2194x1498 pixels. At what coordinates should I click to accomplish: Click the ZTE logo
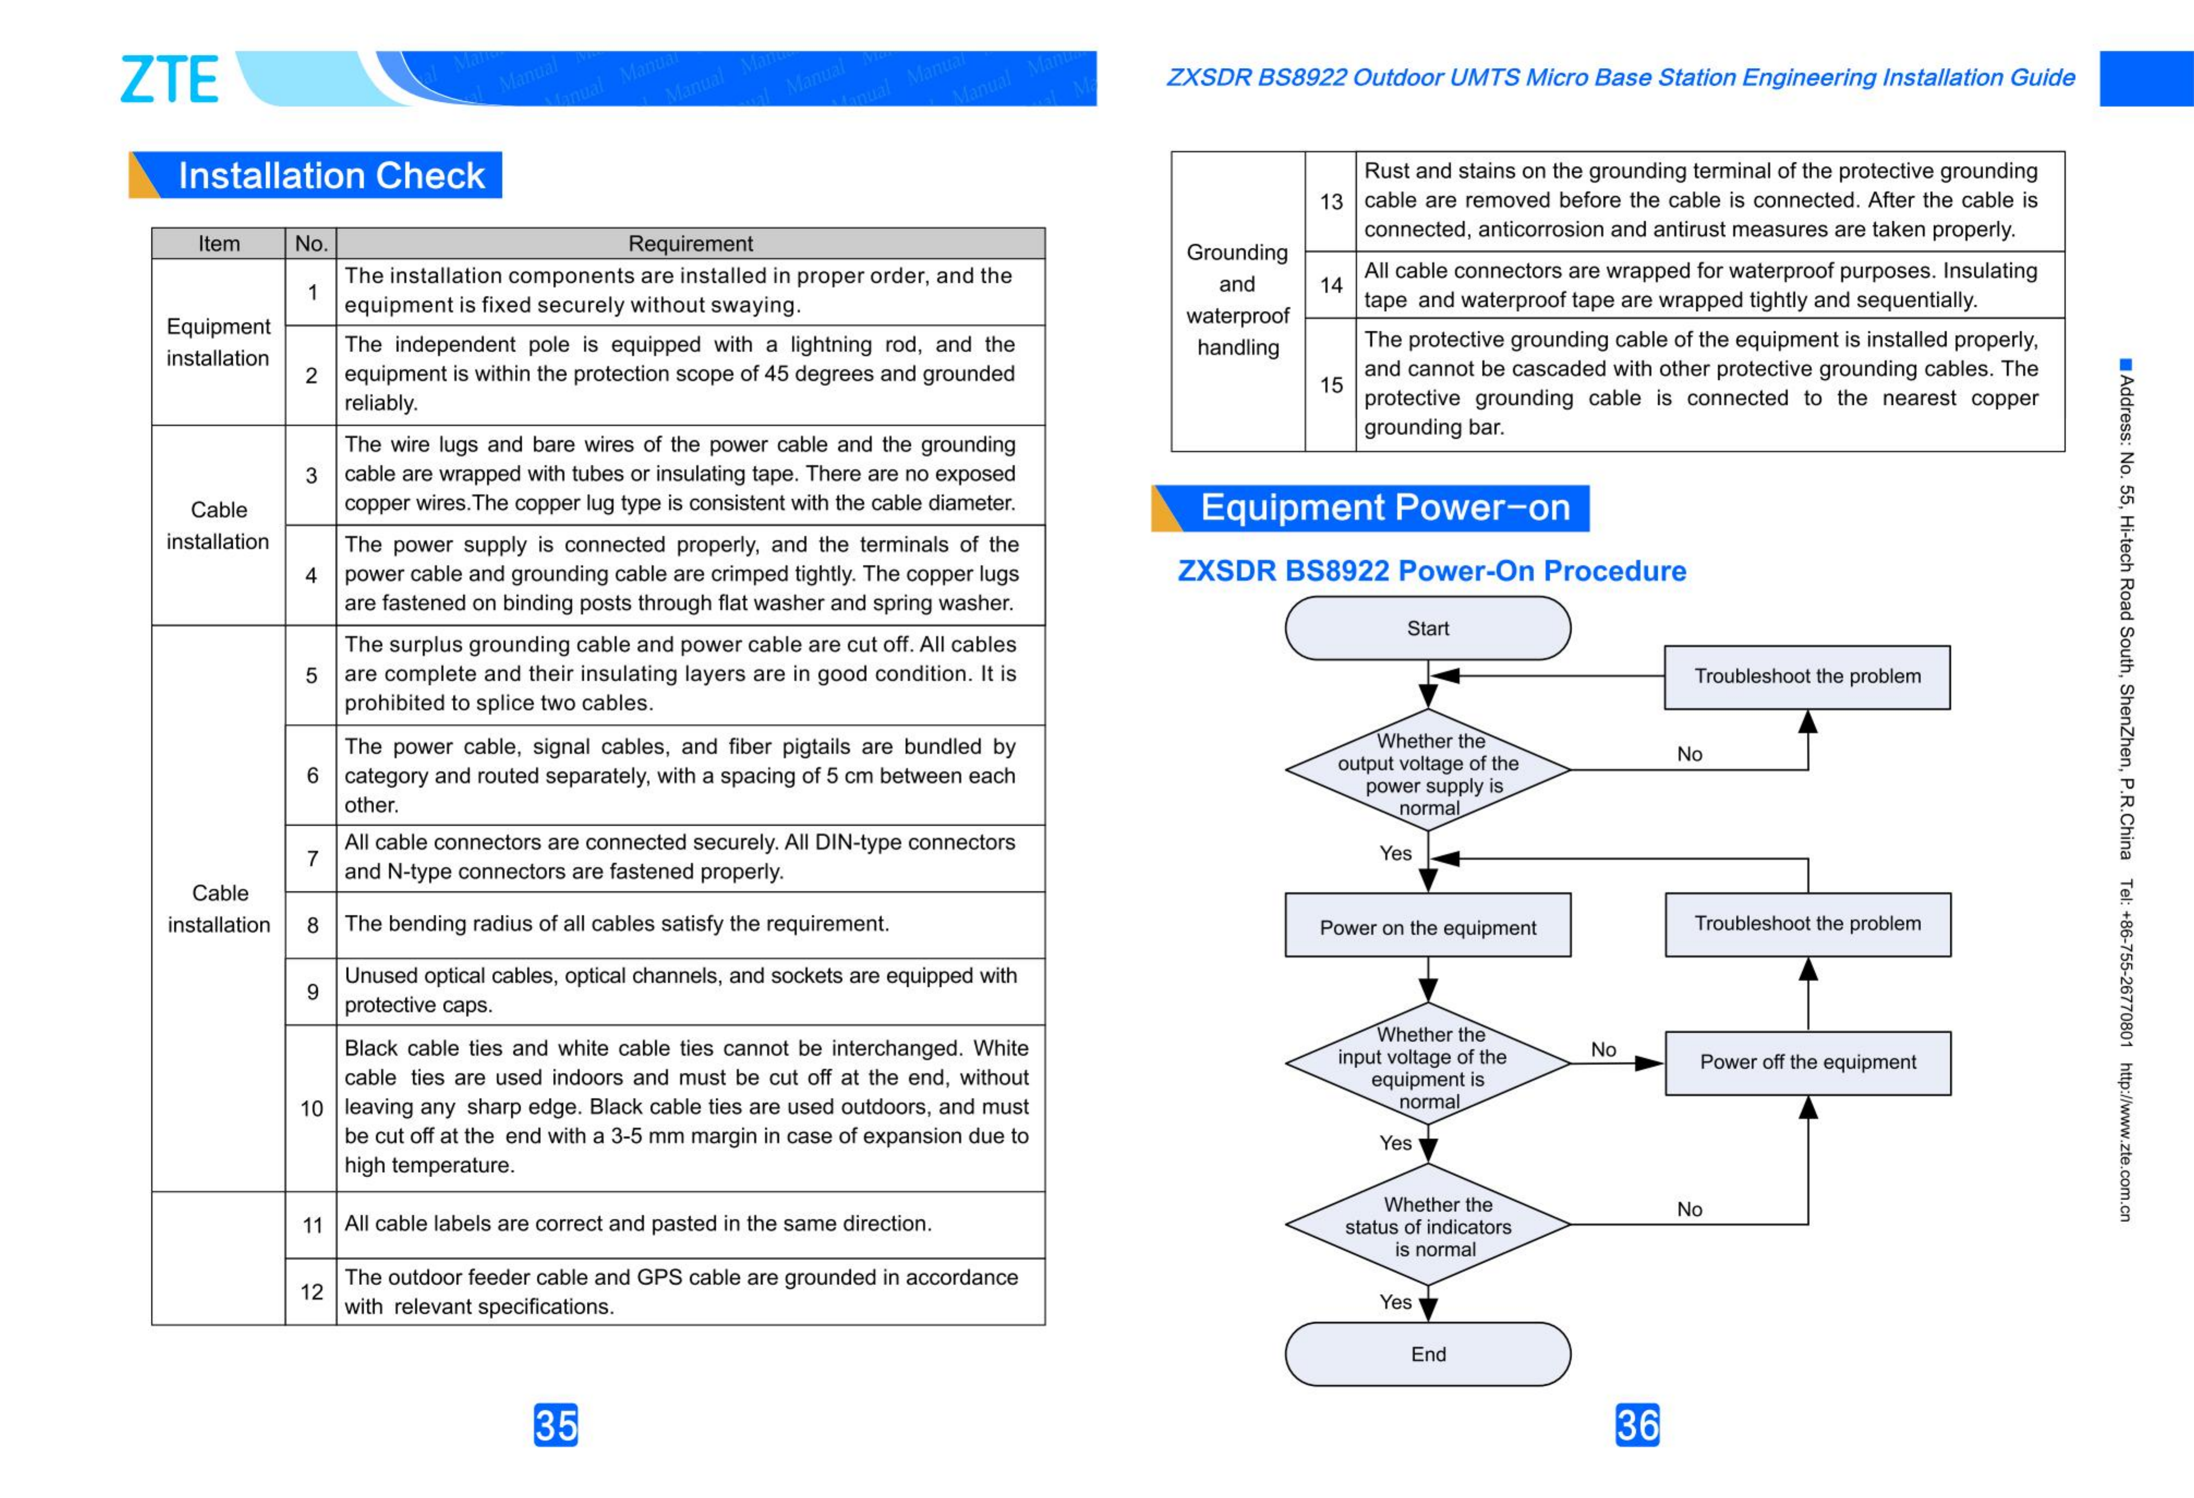(170, 80)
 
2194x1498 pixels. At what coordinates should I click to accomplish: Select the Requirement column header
(690, 243)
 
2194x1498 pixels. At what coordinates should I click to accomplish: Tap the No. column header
(311, 243)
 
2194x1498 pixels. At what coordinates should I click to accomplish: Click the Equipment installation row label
(218, 342)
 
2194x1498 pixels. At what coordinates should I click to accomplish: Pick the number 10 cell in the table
(312, 1108)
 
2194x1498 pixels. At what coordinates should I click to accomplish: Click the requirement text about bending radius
(616, 924)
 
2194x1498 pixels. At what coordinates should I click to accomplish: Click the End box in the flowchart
(1427, 1354)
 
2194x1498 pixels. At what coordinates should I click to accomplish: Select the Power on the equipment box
(1427, 927)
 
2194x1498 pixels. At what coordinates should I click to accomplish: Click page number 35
(555, 1424)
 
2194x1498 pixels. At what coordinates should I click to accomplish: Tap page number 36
(1637, 1424)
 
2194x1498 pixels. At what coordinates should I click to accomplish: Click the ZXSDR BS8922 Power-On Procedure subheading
(1431, 571)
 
